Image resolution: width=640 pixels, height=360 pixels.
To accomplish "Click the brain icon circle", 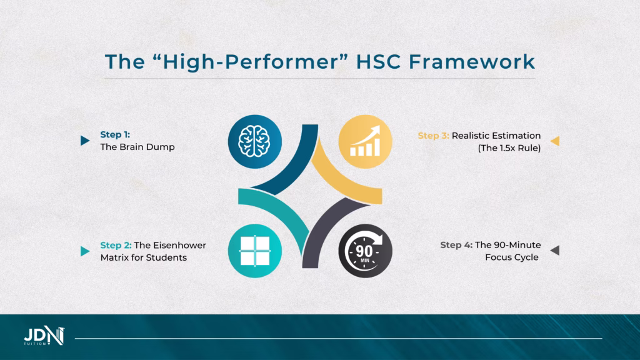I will [x=254, y=142].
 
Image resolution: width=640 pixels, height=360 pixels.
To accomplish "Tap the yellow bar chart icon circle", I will [x=365, y=142].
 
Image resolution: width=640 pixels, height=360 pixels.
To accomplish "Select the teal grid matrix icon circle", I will [x=254, y=251].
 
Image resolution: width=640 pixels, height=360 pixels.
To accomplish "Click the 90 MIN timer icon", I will [x=365, y=251].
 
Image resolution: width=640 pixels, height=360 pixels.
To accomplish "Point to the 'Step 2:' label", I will [x=116, y=245].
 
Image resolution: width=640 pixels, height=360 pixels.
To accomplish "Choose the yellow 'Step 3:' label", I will [x=433, y=135].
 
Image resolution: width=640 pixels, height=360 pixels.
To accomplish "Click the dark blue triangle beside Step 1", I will [x=85, y=141].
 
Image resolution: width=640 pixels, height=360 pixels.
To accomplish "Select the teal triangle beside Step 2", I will [x=85, y=251].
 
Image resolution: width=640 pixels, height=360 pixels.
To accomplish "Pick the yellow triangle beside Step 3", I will [x=554, y=141].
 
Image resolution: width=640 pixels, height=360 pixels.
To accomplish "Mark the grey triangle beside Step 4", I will [x=554, y=251].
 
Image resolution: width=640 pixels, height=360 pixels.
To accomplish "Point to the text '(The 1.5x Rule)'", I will [x=509, y=147].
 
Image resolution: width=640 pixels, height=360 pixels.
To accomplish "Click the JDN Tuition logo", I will [x=44, y=336].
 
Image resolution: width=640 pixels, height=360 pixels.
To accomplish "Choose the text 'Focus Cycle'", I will [x=512, y=257].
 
